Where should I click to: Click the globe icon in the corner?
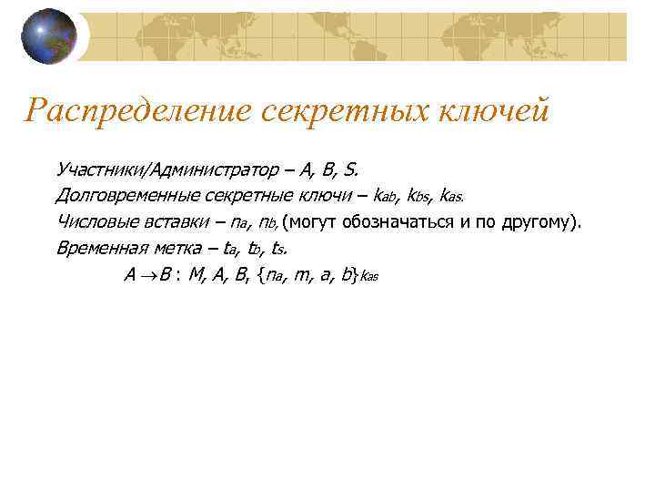[x=49, y=36]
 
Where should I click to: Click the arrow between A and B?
[x=142, y=274]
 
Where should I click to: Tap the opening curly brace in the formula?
[x=262, y=274]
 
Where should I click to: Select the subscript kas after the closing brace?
[x=368, y=277]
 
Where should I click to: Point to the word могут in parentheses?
[x=313, y=221]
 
